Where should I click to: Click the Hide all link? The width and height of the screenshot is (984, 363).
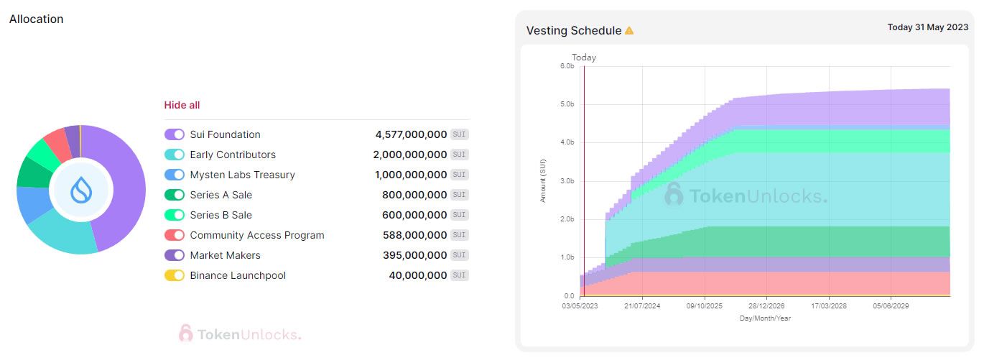click(182, 105)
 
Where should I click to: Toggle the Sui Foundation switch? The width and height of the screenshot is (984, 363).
click(175, 134)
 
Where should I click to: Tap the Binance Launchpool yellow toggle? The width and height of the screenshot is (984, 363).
click(175, 275)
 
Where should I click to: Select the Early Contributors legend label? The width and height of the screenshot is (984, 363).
click(233, 155)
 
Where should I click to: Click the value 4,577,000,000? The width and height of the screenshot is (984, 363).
click(411, 134)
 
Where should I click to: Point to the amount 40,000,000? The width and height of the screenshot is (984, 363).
click(418, 275)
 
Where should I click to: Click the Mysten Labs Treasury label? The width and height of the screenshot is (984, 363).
click(242, 175)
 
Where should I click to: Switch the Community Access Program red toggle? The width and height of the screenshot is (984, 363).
click(175, 235)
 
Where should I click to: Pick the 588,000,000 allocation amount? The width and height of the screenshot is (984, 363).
click(414, 235)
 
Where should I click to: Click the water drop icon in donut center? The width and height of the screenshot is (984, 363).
click(80, 190)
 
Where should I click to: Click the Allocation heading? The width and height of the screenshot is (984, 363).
click(37, 19)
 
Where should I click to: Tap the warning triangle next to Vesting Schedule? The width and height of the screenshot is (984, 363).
click(629, 31)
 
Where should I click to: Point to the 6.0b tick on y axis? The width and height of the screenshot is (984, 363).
click(567, 66)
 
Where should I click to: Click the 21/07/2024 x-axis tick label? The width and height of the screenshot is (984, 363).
click(641, 305)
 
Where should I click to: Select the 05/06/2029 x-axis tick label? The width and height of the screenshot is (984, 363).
click(891, 305)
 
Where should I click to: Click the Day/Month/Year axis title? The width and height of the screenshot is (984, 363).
click(765, 318)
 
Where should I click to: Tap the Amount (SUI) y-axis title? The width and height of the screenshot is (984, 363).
click(543, 180)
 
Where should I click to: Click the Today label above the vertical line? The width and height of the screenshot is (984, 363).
click(584, 58)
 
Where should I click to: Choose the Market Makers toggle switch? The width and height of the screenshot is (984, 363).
click(175, 255)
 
